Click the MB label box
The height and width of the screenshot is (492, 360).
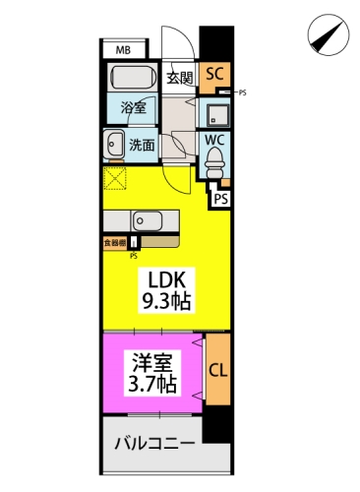[x=125, y=49]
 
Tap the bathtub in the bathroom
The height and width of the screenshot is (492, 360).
[x=131, y=78]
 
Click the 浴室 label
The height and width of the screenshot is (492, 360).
[x=134, y=107]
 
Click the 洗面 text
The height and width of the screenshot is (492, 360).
[x=142, y=145]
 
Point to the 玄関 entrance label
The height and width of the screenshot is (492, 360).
[x=179, y=79]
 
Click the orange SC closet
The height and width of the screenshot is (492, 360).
[x=214, y=75]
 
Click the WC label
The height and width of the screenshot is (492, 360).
[x=215, y=140]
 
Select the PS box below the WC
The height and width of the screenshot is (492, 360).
[x=221, y=198]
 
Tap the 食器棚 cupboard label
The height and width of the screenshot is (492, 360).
[x=115, y=240]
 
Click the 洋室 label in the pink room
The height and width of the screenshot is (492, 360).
[x=152, y=361]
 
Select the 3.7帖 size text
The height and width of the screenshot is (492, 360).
[x=152, y=383]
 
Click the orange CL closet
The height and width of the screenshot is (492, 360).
[x=217, y=371]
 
